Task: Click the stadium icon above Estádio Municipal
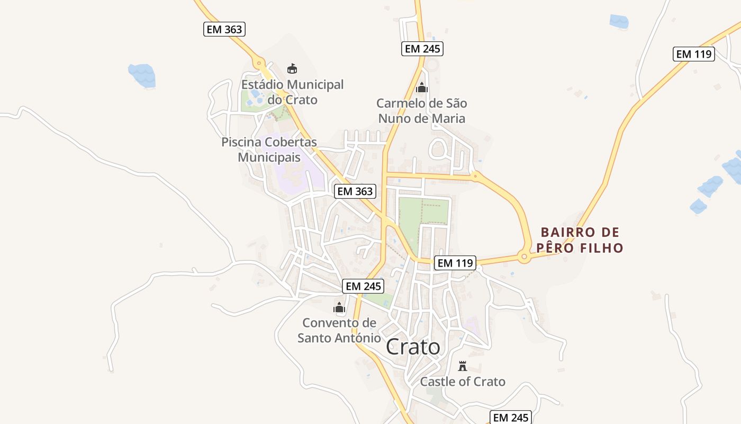tap(292, 68)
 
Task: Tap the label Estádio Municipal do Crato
tap(292, 92)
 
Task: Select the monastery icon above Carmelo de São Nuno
tap(422, 87)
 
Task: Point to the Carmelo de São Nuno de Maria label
tap(422, 110)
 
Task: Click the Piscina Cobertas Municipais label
tap(269, 149)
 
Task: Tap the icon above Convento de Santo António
tap(339, 307)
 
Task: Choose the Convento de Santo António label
tap(339, 330)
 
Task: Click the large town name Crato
tap(413, 347)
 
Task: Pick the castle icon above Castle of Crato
tap(463, 366)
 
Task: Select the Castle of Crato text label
tap(463, 382)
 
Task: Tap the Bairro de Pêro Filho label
tap(580, 240)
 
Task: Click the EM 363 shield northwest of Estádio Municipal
tap(224, 29)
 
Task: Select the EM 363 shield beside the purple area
tap(355, 191)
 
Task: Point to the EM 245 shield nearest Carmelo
tap(422, 49)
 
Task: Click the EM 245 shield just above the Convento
tap(363, 286)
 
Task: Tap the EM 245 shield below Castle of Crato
tap(511, 418)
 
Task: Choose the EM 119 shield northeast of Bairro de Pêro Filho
tap(694, 54)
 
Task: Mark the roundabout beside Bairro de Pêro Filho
tap(524, 258)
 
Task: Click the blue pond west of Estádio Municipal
tap(142, 75)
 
